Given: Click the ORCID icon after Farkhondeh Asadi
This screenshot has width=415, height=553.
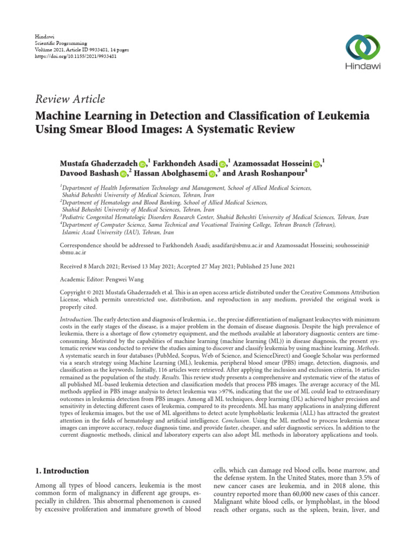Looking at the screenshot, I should point(223,164).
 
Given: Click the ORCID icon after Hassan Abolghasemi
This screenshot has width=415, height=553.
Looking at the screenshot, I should point(211,174).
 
